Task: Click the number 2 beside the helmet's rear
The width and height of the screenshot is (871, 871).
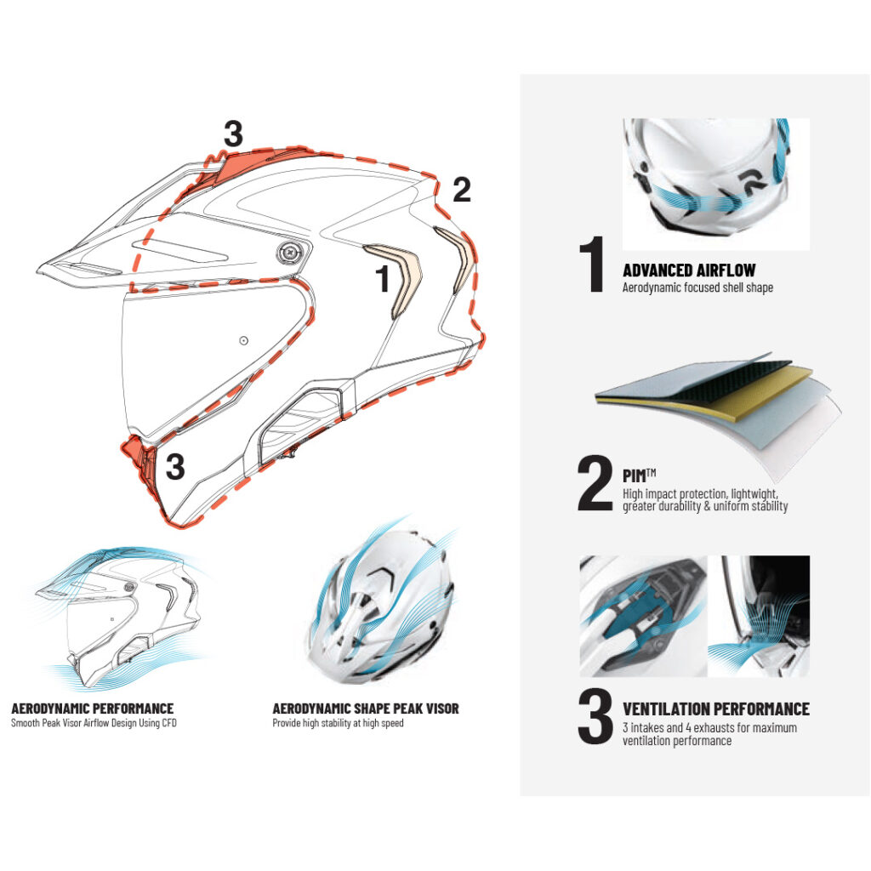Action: pos(462,190)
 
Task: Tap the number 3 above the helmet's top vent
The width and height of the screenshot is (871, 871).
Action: pos(233,134)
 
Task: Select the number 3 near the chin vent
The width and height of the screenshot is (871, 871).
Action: pos(175,467)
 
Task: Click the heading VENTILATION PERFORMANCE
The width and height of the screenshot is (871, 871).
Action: pos(715,709)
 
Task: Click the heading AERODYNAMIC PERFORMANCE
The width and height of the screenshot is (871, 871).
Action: pos(93,709)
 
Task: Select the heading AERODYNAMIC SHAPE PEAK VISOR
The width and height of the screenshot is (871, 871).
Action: pos(366,709)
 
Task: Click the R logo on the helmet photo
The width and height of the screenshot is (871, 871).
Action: pos(749,183)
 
